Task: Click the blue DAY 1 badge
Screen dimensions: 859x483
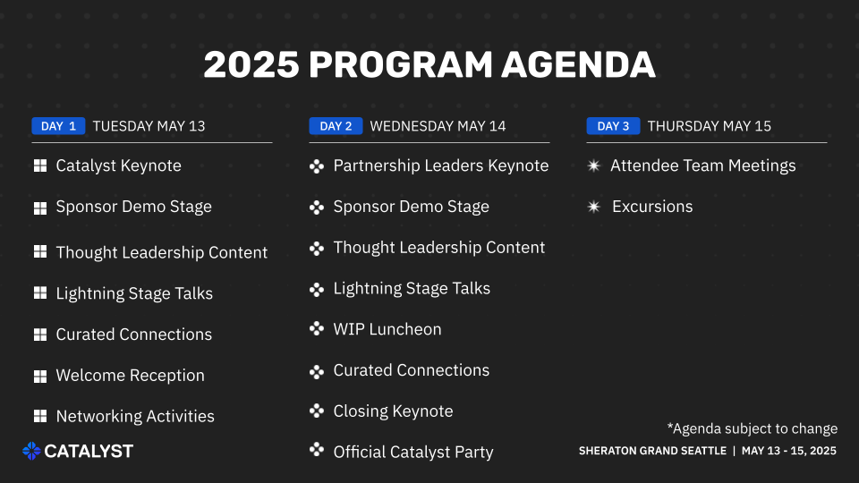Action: pos(58,126)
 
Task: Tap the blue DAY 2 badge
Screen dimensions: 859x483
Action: pos(336,126)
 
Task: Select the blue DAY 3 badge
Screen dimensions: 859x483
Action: pos(613,126)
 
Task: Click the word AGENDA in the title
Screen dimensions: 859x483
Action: pos(578,65)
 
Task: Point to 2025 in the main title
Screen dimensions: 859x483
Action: pos(251,65)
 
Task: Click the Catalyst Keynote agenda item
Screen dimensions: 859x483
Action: pos(118,165)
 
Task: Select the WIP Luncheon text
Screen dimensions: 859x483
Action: pos(387,329)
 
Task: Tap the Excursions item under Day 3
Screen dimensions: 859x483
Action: pos(652,207)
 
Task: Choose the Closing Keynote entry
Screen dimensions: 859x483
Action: pos(394,411)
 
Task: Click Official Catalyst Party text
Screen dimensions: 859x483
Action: pos(413,453)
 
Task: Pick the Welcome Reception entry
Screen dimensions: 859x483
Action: pos(131,376)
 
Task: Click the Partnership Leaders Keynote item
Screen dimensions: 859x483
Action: pos(441,165)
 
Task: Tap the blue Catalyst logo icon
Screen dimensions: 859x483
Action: pos(31,451)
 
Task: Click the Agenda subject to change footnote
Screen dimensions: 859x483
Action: pos(753,428)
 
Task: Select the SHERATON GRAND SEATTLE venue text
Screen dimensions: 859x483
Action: pos(652,451)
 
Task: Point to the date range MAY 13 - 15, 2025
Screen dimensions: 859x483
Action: pos(789,451)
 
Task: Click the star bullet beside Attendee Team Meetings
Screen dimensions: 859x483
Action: pos(594,165)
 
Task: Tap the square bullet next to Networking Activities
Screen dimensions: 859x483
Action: pos(40,416)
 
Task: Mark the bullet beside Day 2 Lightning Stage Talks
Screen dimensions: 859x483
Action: pos(317,289)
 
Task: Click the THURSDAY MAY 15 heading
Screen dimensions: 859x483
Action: pos(710,126)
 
